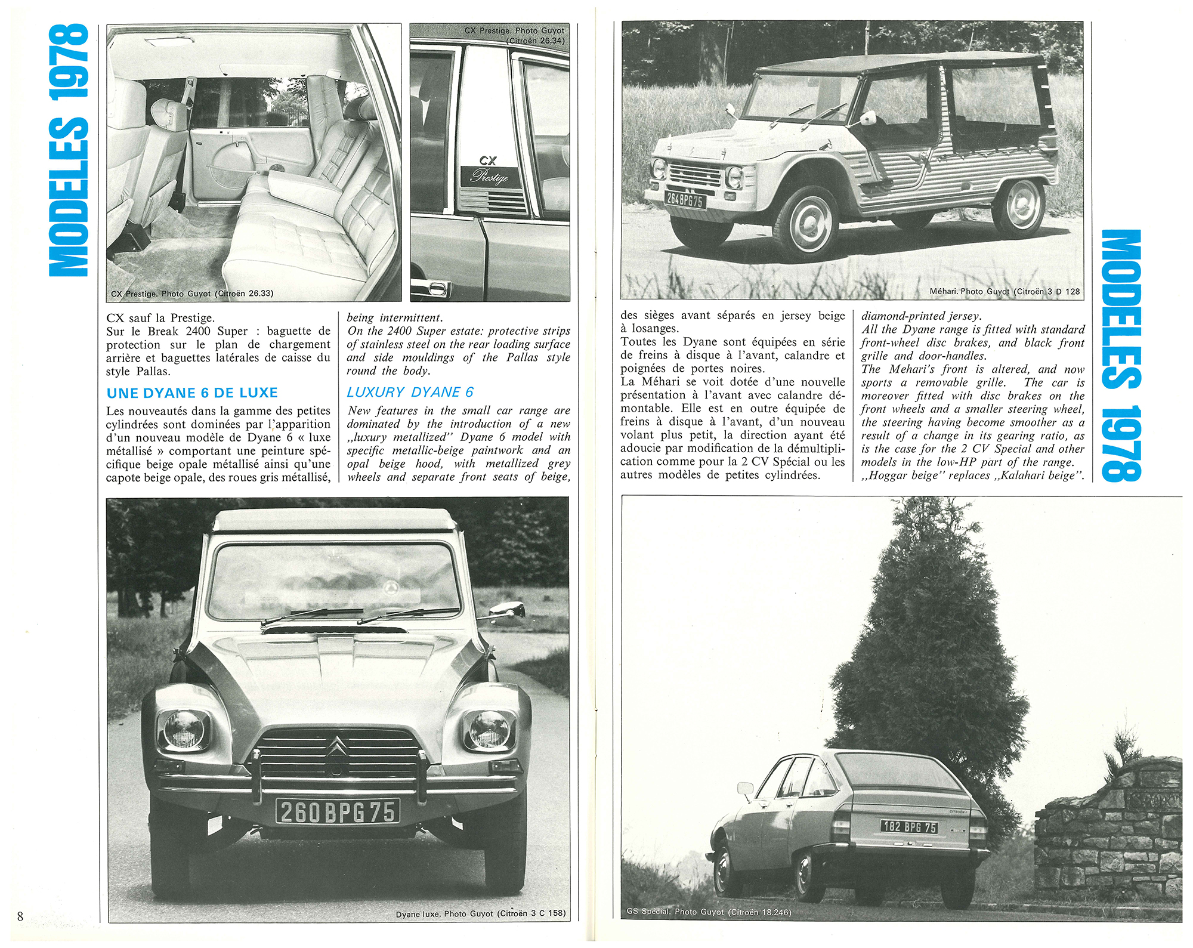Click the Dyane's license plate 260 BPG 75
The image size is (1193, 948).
pyautogui.click(x=337, y=811)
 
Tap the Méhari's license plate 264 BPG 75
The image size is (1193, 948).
pyautogui.click(x=685, y=200)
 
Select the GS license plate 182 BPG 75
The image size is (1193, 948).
pyautogui.click(x=909, y=827)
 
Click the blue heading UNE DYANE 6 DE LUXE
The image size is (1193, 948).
pyautogui.click(x=192, y=393)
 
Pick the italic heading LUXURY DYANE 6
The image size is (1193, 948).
pyautogui.click(x=410, y=392)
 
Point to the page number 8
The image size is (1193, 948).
pyautogui.click(x=20, y=916)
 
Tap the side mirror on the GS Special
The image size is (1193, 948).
pyautogui.click(x=745, y=789)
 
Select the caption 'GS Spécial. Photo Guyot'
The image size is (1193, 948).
pyautogui.click(x=709, y=912)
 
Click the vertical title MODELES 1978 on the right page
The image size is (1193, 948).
pyautogui.click(x=1121, y=355)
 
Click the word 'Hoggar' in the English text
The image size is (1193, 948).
pyautogui.click(x=889, y=475)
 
